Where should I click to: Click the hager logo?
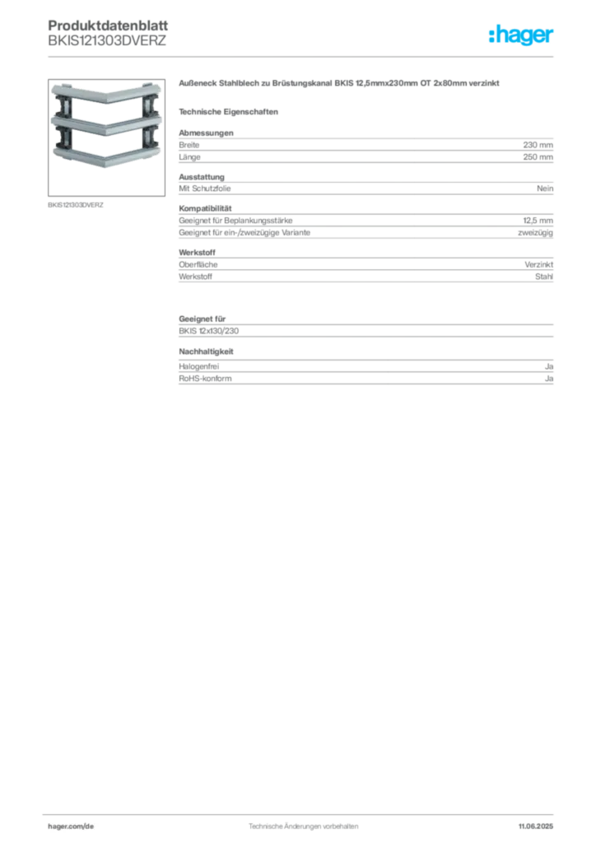coord(521,35)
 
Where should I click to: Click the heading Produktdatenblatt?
coord(108,26)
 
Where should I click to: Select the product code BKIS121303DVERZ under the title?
coord(107,41)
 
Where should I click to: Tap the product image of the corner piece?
coord(106,137)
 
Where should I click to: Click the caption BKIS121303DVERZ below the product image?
coord(76,205)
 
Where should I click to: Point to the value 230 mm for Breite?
coord(538,145)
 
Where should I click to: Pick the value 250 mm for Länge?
coord(538,157)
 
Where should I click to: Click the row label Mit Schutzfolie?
coord(205,189)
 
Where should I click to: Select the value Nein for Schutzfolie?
coord(545,189)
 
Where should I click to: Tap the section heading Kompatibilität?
coord(205,208)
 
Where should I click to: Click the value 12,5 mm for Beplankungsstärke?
coord(538,221)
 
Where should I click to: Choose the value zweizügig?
coord(535,233)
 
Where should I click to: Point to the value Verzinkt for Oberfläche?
coord(539,264)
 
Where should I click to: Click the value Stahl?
coord(544,277)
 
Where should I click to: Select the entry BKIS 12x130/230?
coord(208,331)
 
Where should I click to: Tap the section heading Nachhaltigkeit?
coord(206,351)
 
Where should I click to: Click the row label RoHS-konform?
coord(205,379)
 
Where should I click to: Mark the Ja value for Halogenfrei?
coord(549,366)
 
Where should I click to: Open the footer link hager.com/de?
coord(71,826)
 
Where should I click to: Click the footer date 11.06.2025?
coord(536,826)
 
